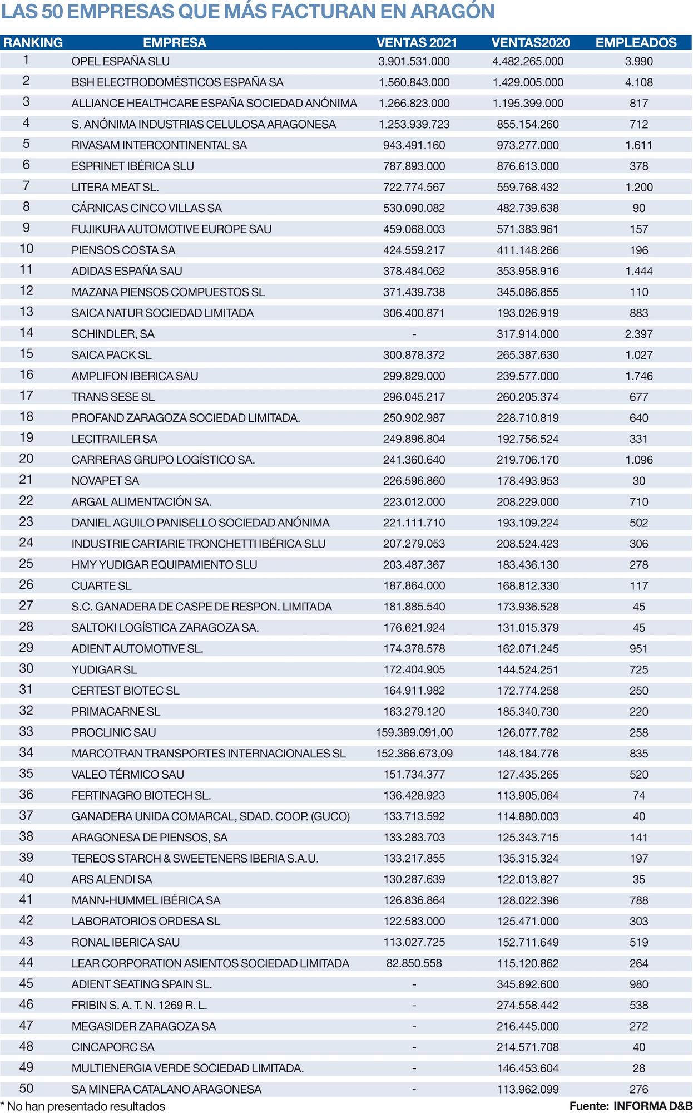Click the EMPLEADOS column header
pos(636,43)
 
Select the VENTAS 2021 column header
pos(417,43)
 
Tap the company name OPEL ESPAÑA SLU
pos(121,61)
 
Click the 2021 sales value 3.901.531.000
pos(414,61)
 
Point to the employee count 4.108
pos(638,82)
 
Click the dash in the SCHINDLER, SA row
pos(414,334)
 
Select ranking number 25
pos(26,564)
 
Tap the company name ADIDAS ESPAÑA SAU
pos(127,271)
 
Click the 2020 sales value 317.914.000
pos(527,334)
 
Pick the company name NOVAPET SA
pos(105,481)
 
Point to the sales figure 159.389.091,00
pos(414,733)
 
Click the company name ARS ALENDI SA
pos(111,880)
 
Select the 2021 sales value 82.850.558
pos(414,963)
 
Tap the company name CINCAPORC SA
pos(113,1047)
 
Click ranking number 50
pos(26,1089)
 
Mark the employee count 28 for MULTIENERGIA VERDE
pos(638,1068)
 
